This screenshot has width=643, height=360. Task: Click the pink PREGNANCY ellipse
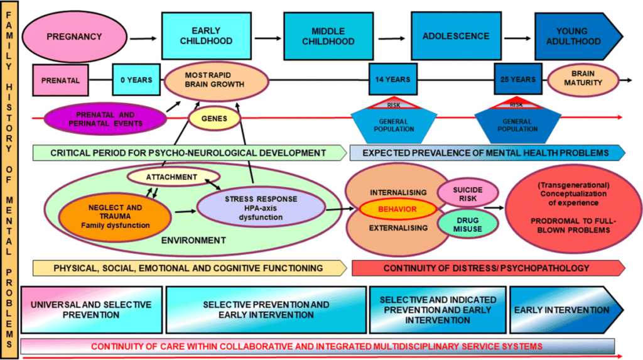click(73, 36)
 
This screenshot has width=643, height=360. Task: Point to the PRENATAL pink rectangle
click(60, 80)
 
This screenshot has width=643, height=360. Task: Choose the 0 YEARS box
click(136, 80)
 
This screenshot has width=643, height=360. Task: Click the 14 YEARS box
click(392, 80)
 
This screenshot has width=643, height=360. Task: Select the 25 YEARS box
click(518, 80)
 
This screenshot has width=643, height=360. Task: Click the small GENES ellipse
click(215, 118)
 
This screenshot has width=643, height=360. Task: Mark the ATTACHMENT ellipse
click(172, 177)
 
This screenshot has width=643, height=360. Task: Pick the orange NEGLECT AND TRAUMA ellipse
click(115, 215)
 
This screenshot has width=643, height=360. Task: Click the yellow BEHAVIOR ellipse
click(397, 209)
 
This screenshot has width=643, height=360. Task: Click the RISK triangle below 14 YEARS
click(393, 104)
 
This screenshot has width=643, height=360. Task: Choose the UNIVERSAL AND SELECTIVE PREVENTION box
click(92, 309)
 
